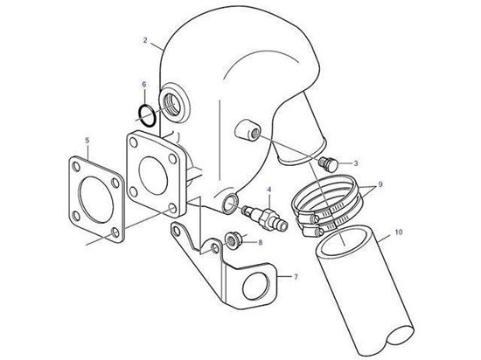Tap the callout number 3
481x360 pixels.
pyautogui.click(x=357, y=163)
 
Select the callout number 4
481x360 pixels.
pyautogui.click(x=269, y=190)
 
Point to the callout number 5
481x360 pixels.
pyautogui.click(x=87, y=139)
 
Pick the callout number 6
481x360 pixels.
pyautogui.click(x=144, y=84)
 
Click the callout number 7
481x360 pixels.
pyautogui.click(x=296, y=278)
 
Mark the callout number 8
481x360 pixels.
pyautogui.click(x=260, y=241)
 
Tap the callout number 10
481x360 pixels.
pyautogui.click(x=400, y=233)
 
